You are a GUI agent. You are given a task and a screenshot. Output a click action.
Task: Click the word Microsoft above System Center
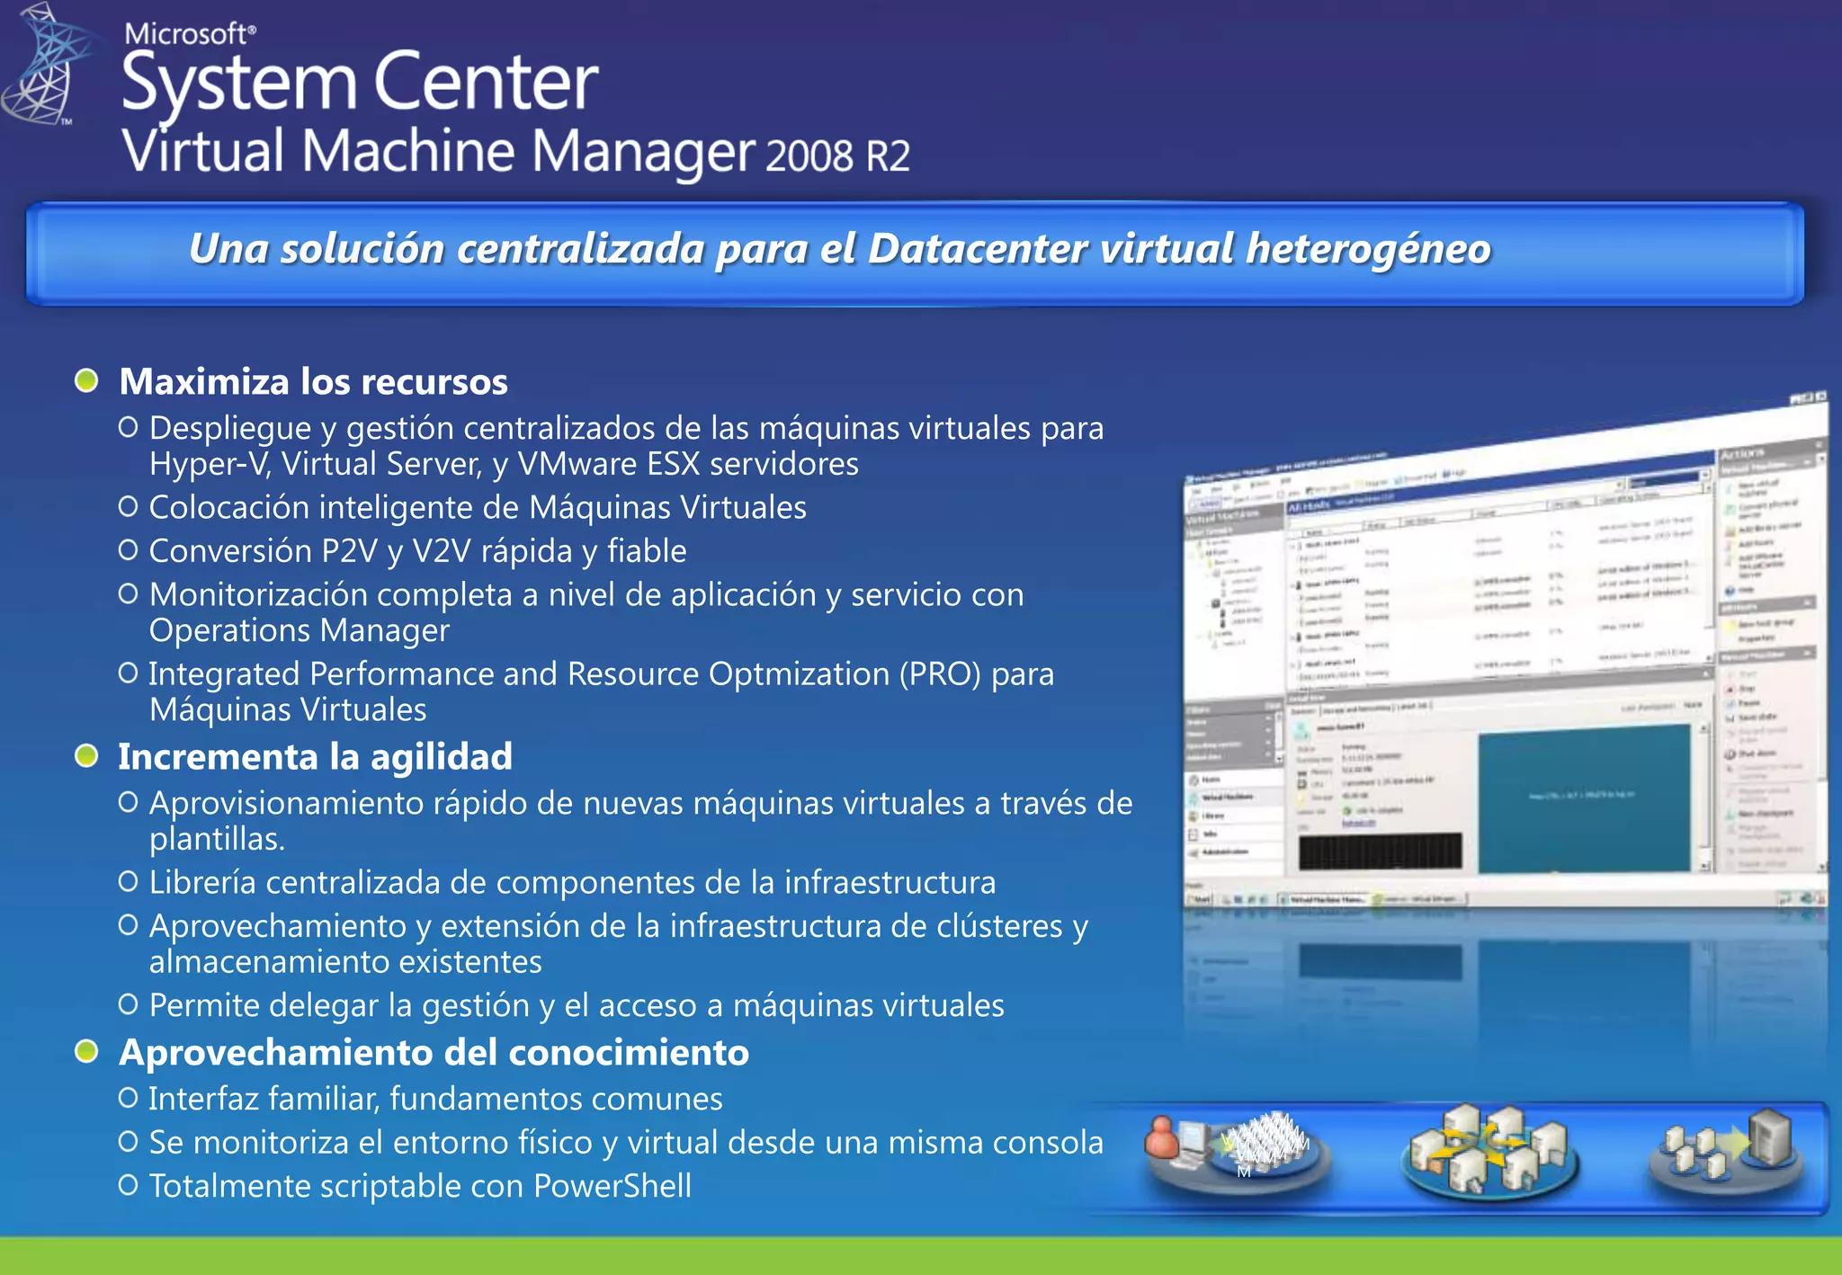(x=189, y=34)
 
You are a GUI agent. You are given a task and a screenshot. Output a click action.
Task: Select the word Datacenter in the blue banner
(x=978, y=249)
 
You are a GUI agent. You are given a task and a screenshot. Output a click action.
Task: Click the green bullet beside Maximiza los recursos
(x=86, y=381)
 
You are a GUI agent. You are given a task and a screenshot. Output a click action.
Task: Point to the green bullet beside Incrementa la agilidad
(x=86, y=756)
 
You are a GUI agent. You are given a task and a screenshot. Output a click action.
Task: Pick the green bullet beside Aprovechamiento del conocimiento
(x=86, y=1051)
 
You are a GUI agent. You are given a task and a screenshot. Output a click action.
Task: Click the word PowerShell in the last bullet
(x=612, y=1186)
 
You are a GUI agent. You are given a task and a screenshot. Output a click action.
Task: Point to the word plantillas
(x=216, y=839)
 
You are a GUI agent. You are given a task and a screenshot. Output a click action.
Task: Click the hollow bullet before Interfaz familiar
(x=129, y=1098)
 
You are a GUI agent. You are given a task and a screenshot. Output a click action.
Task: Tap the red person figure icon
(x=1162, y=1138)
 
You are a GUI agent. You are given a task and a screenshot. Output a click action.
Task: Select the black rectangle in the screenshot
(x=1380, y=851)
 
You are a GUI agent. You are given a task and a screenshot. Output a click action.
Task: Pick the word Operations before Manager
(x=229, y=631)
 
